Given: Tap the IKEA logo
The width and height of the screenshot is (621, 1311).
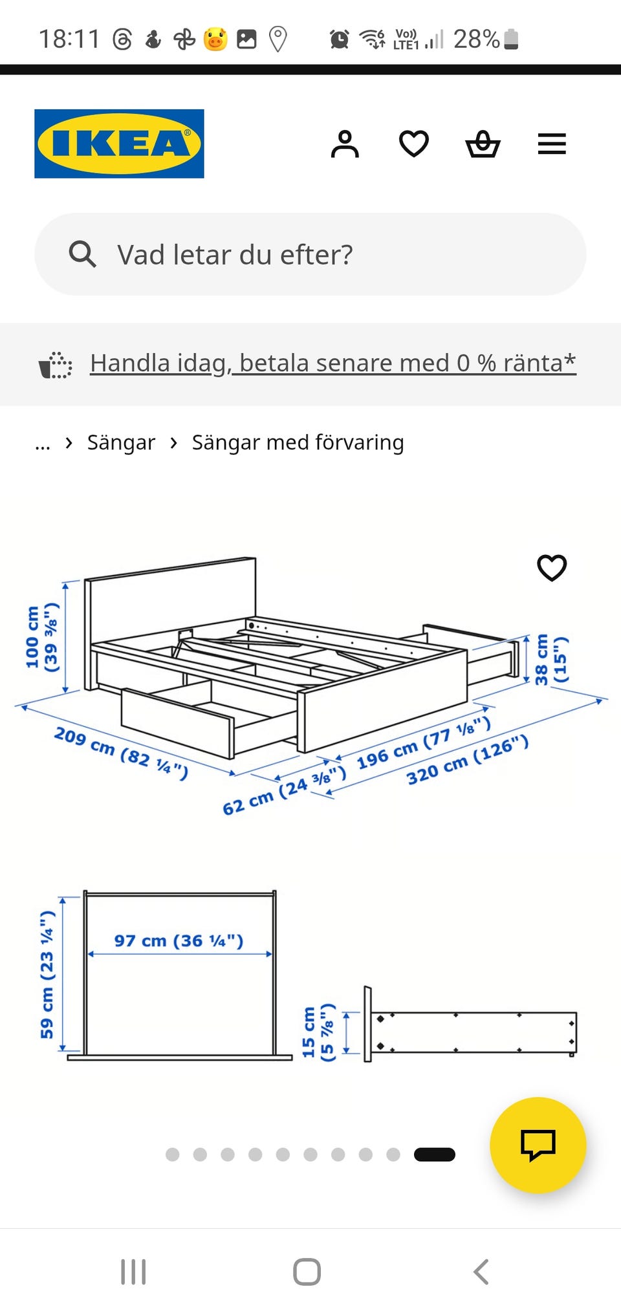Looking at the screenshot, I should (119, 144).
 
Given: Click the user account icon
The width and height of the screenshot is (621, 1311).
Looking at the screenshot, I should (345, 144).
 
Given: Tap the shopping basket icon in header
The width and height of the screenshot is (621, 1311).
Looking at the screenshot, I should (483, 144).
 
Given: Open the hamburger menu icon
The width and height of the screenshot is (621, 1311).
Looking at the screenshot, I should (552, 144).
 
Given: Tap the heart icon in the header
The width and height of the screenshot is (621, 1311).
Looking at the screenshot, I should (414, 144).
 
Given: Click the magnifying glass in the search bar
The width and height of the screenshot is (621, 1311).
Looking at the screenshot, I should (83, 254).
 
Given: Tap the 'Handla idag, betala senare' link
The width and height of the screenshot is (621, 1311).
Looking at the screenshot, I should (332, 363).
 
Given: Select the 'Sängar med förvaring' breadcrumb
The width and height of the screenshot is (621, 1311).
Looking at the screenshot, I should (298, 442).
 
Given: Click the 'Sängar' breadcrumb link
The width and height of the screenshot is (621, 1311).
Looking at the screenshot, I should (121, 442).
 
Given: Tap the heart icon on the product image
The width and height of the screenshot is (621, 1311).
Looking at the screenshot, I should (552, 568).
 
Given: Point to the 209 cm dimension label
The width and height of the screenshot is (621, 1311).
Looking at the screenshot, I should (121, 753).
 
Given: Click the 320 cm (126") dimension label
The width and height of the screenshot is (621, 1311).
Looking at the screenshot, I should (467, 761).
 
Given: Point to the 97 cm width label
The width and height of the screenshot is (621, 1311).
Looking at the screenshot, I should (179, 940).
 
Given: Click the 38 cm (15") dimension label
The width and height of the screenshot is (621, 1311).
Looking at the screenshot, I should (550, 659).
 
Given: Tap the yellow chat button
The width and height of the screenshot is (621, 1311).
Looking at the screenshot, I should (538, 1145).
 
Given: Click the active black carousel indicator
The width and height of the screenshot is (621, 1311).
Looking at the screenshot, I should (434, 1154).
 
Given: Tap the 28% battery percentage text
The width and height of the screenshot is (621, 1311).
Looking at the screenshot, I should (476, 39).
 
